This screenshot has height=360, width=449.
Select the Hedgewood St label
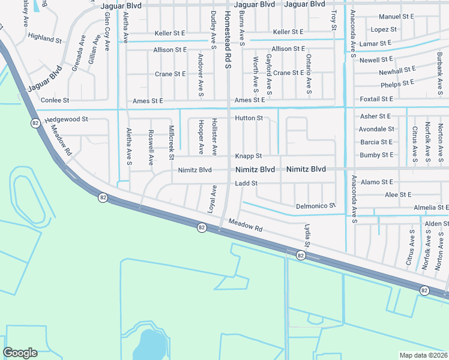click(66, 119)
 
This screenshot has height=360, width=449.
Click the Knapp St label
click(249, 156)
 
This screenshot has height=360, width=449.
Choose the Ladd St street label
click(246, 183)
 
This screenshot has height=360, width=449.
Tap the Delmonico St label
click(316, 206)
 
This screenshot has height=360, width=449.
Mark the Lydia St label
click(307, 236)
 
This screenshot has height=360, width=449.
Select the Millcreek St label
click(172, 143)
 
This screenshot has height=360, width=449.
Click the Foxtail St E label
click(376, 99)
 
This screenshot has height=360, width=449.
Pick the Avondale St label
click(376, 129)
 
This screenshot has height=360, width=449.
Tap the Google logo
click(20, 353)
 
